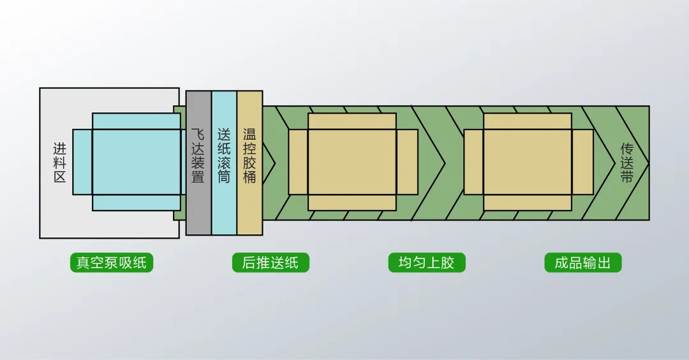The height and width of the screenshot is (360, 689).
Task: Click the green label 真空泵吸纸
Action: pos(112,263)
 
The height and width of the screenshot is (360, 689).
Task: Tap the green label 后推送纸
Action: pos(270,263)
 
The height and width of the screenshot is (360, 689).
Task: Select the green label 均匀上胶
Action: pos(427,263)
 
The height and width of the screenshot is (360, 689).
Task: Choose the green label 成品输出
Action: pos(583,263)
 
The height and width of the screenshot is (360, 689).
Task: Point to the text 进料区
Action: pos(59,163)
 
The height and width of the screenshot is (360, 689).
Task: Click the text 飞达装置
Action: pos(198,156)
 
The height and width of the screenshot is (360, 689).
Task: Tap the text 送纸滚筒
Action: pos(224,156)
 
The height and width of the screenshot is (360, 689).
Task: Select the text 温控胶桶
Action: pos(249,156)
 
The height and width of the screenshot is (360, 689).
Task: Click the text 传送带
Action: pos(627,163)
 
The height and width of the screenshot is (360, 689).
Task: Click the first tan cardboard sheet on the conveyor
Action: pos(352,161)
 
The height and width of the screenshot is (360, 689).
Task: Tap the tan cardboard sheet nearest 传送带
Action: pos(528,161)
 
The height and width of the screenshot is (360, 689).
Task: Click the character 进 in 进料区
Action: pos(59,149)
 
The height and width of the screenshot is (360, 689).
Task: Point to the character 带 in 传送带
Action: pos(627,177)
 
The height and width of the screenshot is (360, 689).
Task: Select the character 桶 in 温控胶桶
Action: pos(249,177)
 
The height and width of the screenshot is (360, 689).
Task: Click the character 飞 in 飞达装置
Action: pos(198,135)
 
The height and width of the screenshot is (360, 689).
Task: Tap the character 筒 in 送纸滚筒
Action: pos(224,177)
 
